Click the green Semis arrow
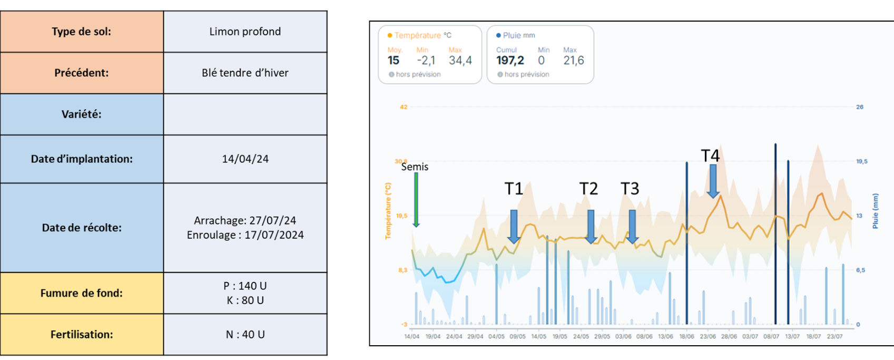click(x=416, y=199)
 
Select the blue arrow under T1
click(x=514, y=226)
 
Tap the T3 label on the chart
click(x=630, y=189)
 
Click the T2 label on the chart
click(x=588, y=189)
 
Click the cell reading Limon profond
click(x=245, y=32)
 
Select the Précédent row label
click(x=82, y=73)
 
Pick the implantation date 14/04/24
click(x=245, y=159)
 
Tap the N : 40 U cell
click(x=245, y=335)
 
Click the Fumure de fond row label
click(x=82, y=293)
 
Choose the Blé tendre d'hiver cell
click(x=245, y=73)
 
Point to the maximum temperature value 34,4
click(x=460, y=61)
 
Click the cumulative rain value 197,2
click(x=510, y=61)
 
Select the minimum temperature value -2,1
click(x=426, y=61)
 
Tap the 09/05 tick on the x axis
click(x=517, y=336)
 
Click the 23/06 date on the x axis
click(x=708, y=336)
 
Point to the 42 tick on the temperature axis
click(x=404, y=107)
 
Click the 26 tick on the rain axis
click(x=860, y=107)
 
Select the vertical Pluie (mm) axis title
click(x=875, y=211)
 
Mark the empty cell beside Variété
click(x=245, y=114)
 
